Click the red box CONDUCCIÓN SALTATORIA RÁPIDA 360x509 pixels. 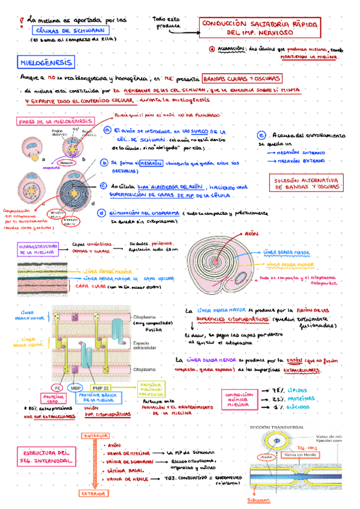pos(260,27)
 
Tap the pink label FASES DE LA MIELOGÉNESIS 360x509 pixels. pos(48,121)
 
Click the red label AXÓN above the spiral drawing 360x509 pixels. pos(252,233)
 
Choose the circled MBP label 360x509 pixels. pos(76,387)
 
